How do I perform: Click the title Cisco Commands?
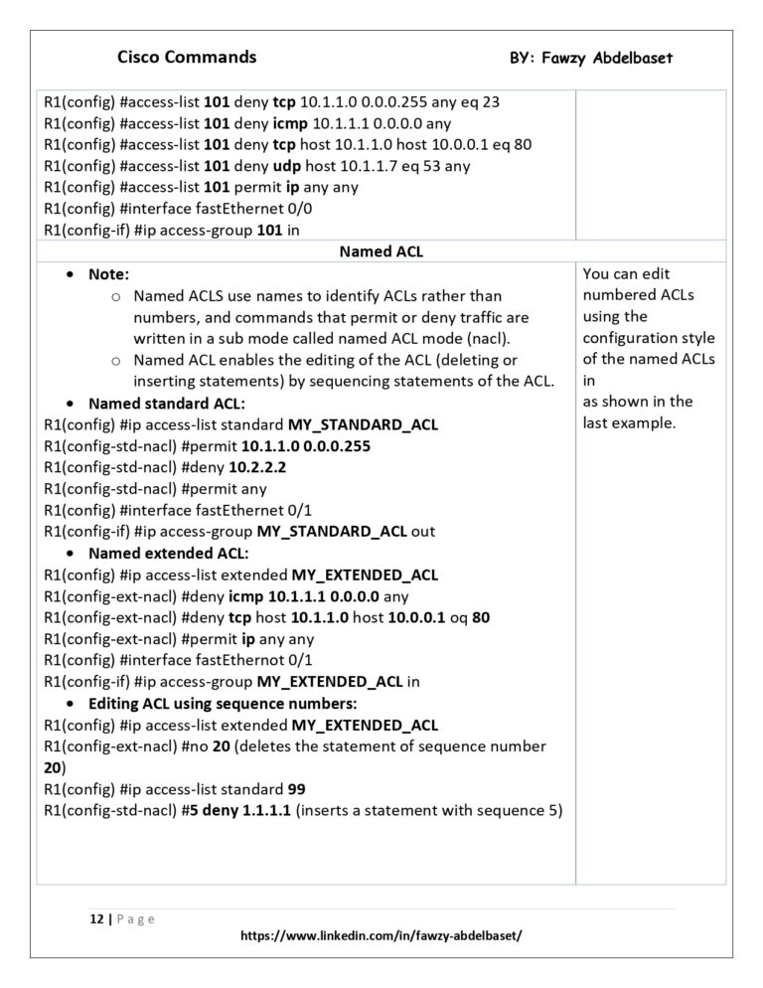tap(187, 57)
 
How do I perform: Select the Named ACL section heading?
tap(381, 251)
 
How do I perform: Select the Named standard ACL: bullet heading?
tap(166, 404)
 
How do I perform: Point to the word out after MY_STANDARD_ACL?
tap(423, 532)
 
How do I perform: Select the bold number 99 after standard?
tap(296, 789)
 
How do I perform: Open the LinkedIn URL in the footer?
tap(381, 936)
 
